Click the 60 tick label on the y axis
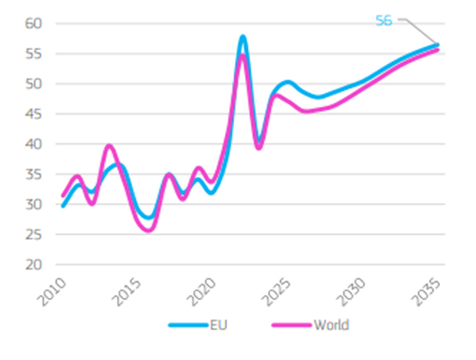pyautogui.click(x=34, y=23)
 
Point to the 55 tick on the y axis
pyautogui.click(x=34, y=54)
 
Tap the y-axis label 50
pyautogui.click(x=34, y=84)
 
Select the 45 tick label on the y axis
pyautogui.click(x=34, y=114)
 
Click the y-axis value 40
pyautogui.click(x=34, y=144)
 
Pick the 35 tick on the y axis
pyautogui.click(x=34, y=174)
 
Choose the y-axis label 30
pyautogui.click(x=34, y=204)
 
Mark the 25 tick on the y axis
pyautogui.click(x=34, y=235)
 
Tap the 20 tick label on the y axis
pyautogui.click(x=34, y=265)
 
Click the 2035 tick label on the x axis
pyautogui.click(x=428, y=292)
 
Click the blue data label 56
pyautogui.click(x=384, y=21)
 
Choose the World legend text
pyautogui.click(x=331, y=325)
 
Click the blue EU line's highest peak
pyautogui.click(x=243, y=37)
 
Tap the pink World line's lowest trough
pyautogui.click(x=148, y=230)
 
